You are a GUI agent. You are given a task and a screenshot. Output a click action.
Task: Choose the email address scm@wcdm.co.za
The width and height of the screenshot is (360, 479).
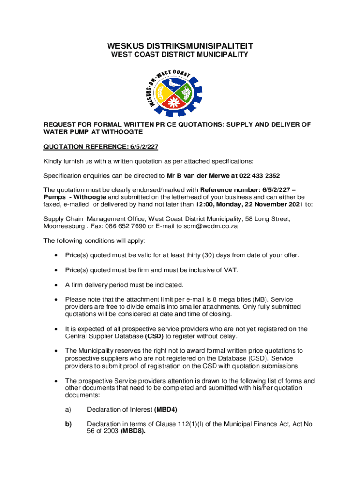(x=212, y=226)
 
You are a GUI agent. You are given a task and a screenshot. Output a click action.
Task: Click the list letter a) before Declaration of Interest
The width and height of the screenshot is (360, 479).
(x=68, y=409)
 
